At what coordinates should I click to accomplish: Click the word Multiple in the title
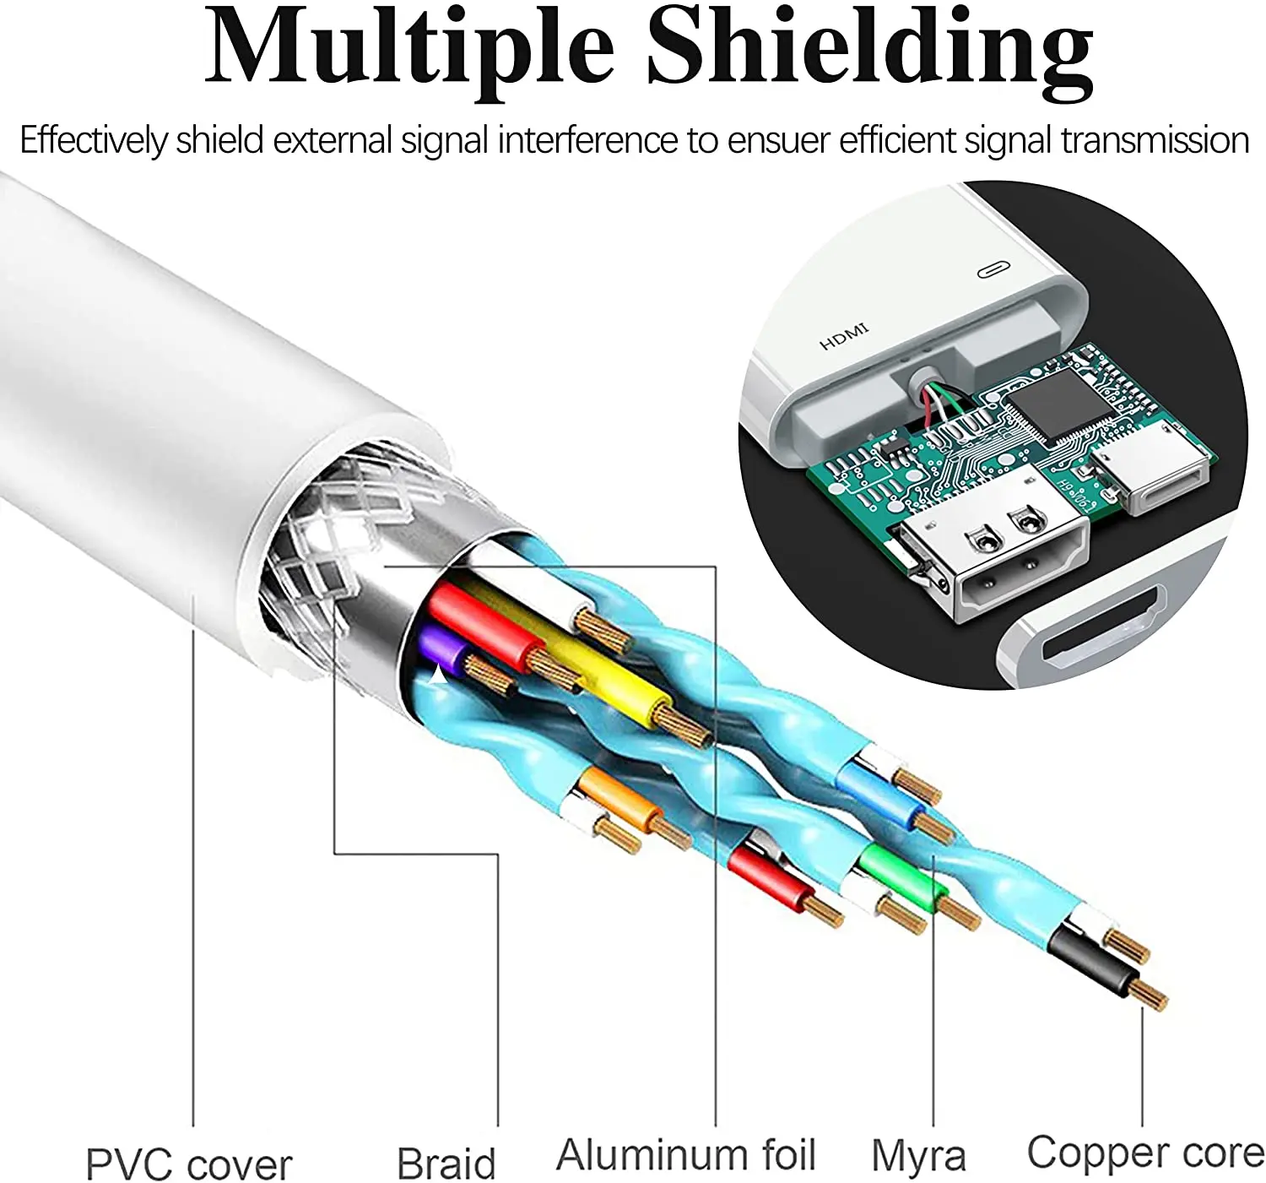(x=408, y=51)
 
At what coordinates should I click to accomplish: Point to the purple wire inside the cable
(x=443, y=651)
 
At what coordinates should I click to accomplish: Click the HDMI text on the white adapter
(x=843, y=336)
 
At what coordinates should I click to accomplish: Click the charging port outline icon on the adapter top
(x=993, y=270)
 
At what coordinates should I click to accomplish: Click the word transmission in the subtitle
(x=1155, y=139)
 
